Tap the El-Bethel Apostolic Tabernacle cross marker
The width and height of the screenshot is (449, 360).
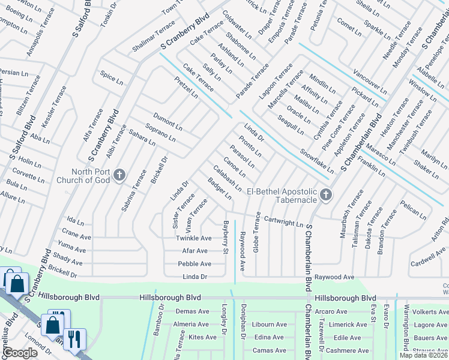point(326,194)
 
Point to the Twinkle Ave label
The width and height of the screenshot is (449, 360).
point(193,238)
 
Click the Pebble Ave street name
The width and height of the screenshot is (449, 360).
point(194,264)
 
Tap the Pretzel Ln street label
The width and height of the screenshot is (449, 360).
point(186,87)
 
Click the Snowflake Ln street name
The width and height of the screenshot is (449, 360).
point(316,161)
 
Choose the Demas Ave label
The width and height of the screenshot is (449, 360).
point(192,311)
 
